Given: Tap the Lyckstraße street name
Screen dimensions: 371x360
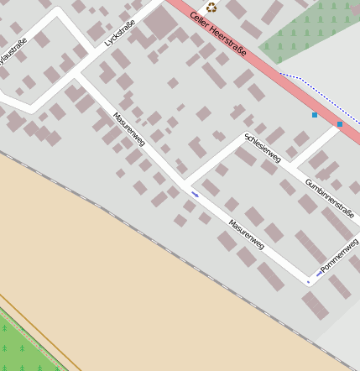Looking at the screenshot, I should click(119, 31).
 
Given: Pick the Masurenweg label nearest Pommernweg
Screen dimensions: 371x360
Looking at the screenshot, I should click(247, 234).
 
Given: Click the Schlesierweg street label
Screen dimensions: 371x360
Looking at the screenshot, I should click(263, 147).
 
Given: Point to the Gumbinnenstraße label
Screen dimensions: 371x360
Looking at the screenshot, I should click(330, 197).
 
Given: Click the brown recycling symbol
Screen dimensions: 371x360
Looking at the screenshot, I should click(211, 8).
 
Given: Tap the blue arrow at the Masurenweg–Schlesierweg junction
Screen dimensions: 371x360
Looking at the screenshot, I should click(196, 195).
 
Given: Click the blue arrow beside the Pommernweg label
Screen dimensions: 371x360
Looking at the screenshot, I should click(319, 273).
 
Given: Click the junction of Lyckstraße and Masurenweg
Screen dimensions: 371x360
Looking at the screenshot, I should click(77, 76).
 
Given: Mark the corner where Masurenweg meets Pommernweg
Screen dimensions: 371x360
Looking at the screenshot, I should click(309, 279).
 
